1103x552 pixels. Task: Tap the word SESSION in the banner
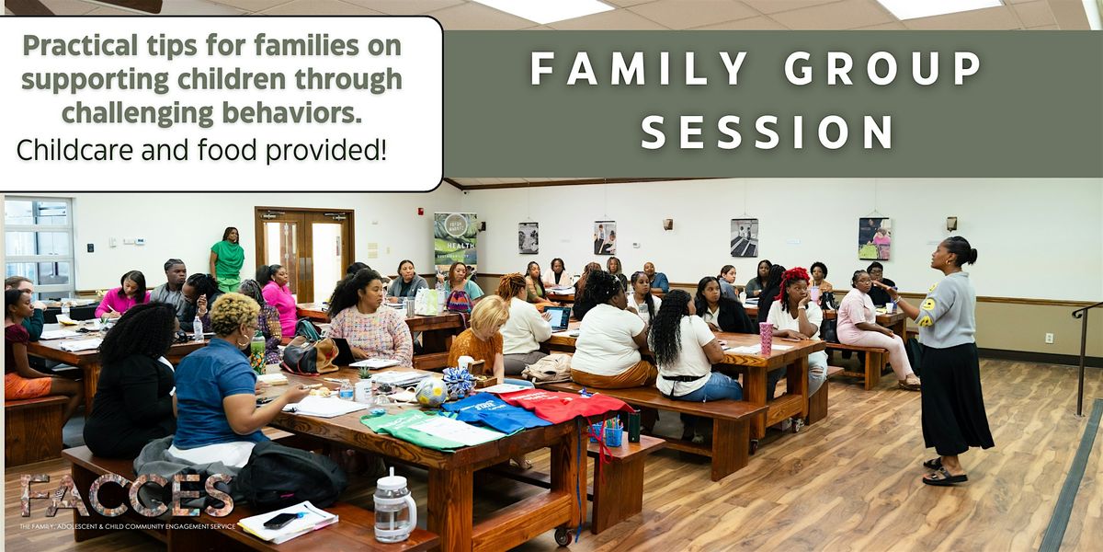click(768, 132)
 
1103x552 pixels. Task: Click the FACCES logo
click(128, 497)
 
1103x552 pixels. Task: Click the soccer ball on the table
click(430, 392)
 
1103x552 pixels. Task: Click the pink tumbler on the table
click(766, 337)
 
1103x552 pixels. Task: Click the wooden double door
click(304, 253)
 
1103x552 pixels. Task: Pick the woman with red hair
click(795, 294)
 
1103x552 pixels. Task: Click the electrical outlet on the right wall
click(1049, 338)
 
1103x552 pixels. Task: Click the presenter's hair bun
click(971, 250)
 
